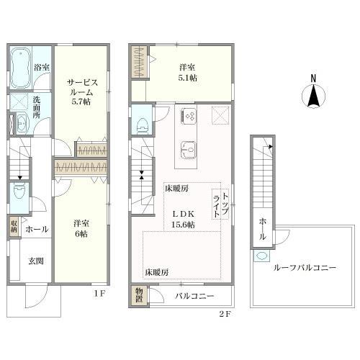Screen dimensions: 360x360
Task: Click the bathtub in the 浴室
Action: pos(21,68)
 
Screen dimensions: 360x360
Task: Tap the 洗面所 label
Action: pos(37,107)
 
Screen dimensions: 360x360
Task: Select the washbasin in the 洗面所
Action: pos(22,123)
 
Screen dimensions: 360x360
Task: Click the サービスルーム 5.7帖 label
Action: pos(81,92)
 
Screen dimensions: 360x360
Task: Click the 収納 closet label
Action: pos(14,226)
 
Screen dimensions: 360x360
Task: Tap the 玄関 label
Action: pos(36,261)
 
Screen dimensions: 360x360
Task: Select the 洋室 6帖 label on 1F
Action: pos(81,228)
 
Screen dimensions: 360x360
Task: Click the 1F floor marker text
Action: pos(99,293)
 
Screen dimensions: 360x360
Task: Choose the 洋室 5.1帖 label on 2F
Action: pos(187,73)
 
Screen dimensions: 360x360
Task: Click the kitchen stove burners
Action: pos(189,116)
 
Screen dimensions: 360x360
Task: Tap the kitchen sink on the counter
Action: pos(189,150)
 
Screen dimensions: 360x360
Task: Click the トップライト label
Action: pos(221,204)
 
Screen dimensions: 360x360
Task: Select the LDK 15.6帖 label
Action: pos(184,219)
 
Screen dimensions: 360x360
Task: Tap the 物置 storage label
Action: pos(139,295)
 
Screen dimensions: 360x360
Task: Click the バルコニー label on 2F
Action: pos(194,296)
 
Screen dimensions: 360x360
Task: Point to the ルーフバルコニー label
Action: pos(305,268)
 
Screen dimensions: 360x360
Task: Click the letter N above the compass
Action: pos(313,78)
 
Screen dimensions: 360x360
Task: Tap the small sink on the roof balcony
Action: pos(261,256)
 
